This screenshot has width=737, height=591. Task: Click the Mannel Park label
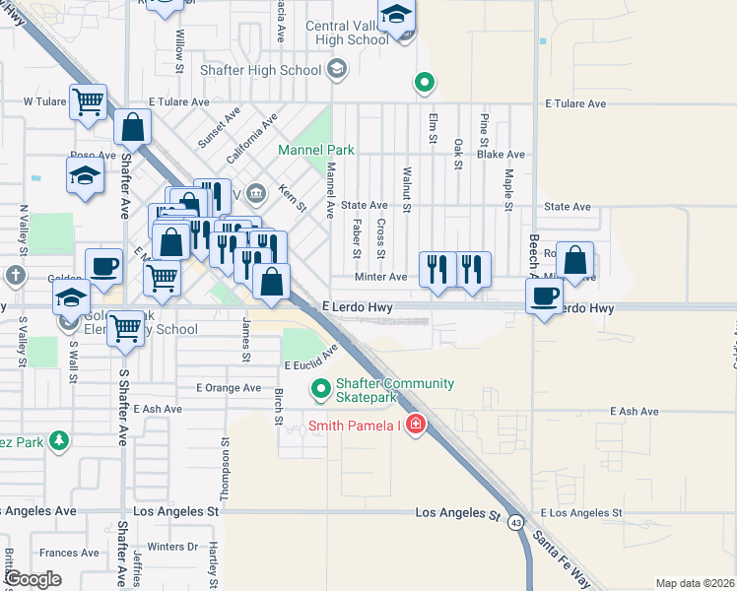click(315, 151)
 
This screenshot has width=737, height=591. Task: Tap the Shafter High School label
click(260, 70)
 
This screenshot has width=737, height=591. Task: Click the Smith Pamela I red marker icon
click(416, 425)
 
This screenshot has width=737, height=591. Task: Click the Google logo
click(33, 579)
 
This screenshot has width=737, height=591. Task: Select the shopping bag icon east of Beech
click(575, 262)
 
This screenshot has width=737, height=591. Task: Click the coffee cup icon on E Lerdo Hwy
click(545, 296)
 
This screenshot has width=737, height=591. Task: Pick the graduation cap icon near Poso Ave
click(85, 176)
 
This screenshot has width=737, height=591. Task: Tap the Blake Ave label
click(501, 155)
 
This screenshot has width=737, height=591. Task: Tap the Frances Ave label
click(70, 554)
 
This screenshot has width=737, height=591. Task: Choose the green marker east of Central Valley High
click(425, 83)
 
